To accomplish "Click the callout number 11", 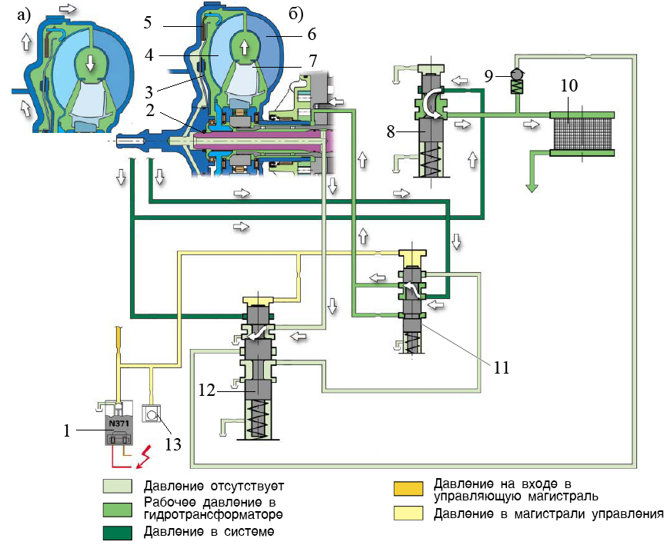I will coord(502,368).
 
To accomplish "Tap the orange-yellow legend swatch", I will coord(408,489).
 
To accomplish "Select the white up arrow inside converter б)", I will coord(244,48).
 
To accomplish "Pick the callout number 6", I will coord(312,35).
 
